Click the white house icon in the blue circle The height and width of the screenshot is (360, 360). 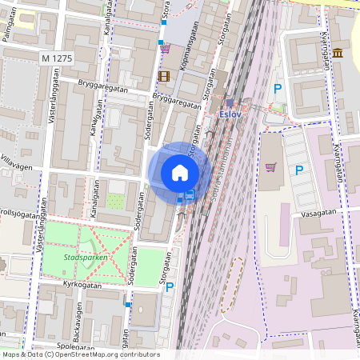point(180,172)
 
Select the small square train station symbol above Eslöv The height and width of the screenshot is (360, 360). point(229,102)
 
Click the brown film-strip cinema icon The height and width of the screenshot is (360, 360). point(164,76)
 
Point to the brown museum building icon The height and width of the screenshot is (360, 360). point(338,53)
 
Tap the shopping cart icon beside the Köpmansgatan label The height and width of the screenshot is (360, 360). point(165,48)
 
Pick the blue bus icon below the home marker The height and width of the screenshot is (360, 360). point(190,194)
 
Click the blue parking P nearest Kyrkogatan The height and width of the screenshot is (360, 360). point(169,286)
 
